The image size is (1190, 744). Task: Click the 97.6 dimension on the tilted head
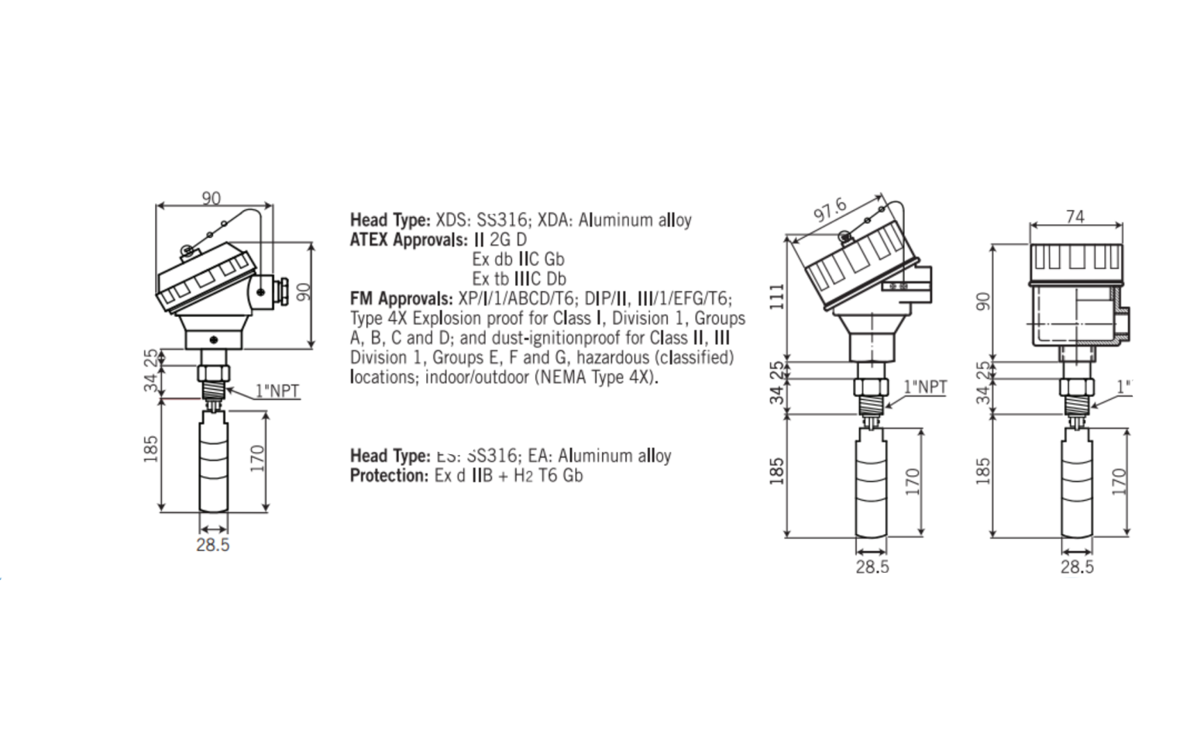830,211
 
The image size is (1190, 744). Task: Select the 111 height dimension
777,297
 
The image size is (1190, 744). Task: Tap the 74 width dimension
1075,217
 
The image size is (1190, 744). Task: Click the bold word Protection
388,475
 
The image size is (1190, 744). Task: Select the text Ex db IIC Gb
518,259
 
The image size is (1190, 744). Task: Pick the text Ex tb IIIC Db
519,278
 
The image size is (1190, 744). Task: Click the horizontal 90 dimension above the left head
212,198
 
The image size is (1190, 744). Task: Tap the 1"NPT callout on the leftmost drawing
277,391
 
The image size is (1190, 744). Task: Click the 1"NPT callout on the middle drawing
925,387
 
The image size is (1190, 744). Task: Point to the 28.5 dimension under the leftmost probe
212,545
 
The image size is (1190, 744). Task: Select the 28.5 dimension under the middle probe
872,567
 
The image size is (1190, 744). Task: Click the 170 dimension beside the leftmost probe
258,458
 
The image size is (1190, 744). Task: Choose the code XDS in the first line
453,220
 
